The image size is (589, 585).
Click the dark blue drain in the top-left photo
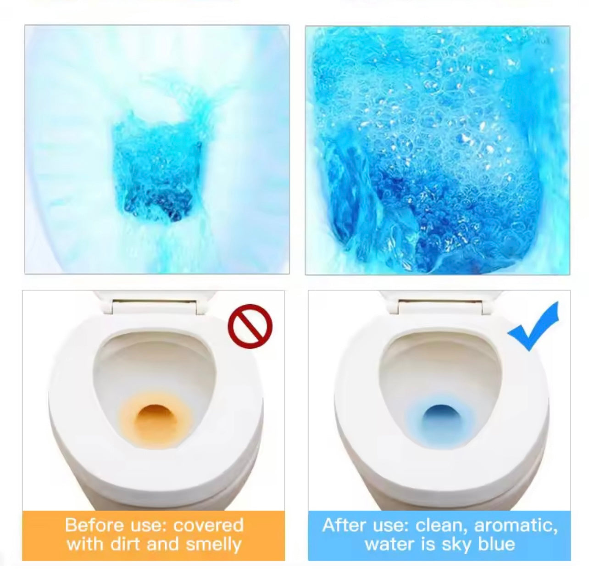pyautogui.click(x=158, y=204)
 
